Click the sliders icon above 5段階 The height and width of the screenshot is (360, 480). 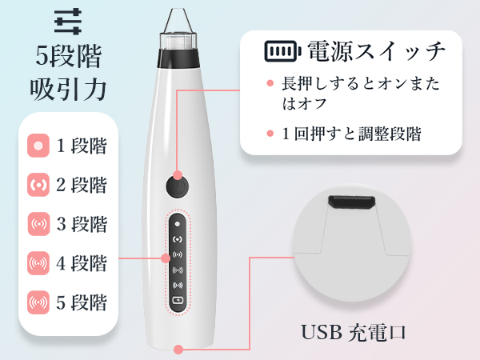point(69,18)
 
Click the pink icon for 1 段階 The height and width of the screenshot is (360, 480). point(38,146)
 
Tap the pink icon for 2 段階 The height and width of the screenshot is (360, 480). point(38,186)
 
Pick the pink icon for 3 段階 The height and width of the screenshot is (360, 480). point(38,225)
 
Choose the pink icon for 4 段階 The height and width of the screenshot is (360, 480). point(38,263)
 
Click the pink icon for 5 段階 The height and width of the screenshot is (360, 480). point(38,302)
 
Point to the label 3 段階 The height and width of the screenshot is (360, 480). point(82,225)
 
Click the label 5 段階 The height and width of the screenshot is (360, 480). point(82,302)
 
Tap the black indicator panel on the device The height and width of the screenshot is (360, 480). point(177,262)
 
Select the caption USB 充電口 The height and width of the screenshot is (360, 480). point(354,331)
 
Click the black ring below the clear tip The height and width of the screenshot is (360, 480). point(177,58)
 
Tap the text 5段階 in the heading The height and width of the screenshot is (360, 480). point(69,55)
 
